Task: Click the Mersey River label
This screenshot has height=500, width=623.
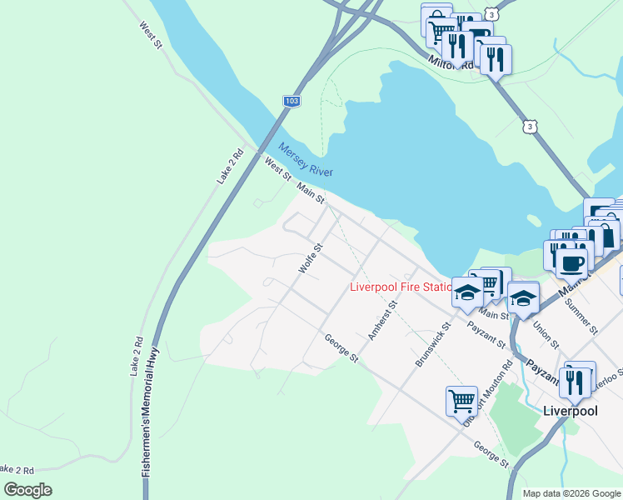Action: point(306,159)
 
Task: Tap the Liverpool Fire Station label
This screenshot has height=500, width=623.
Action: point(400,287)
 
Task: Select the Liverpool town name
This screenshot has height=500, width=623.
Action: point(571,411)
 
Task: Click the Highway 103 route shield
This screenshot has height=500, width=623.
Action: point(291,101)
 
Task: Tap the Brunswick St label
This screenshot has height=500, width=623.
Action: point(432,347)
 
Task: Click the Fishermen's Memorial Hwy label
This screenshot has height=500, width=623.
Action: point(151,412)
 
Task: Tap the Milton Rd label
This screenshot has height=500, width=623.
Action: point(451,63)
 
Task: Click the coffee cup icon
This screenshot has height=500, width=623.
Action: point(571,263)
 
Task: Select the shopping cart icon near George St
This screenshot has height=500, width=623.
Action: point(461,400)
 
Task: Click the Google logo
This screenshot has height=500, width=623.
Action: point(27,490)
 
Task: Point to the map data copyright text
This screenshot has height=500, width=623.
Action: point(571,493)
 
